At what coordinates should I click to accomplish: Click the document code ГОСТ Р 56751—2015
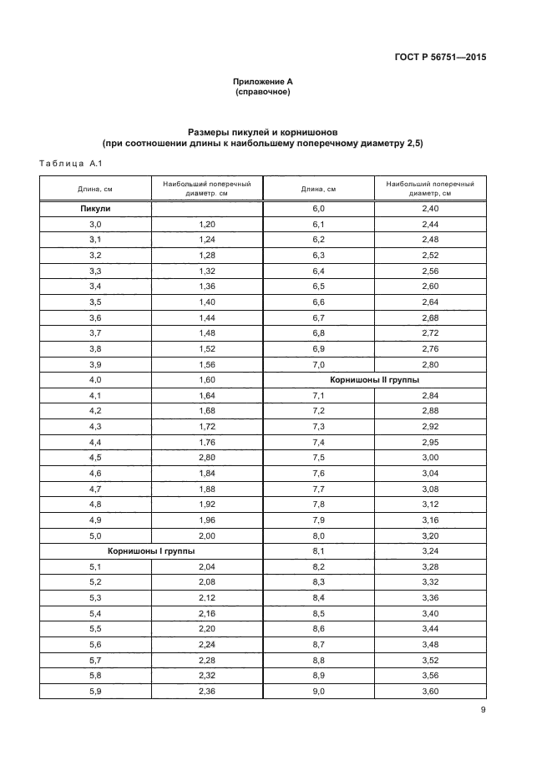[439, 58]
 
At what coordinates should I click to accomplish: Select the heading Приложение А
[263, 82]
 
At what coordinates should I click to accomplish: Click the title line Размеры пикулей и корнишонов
[263, 132]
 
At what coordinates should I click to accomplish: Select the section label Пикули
[95, 208]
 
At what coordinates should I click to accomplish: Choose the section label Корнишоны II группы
[374, 379]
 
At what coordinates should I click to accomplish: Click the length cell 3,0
[95, 225]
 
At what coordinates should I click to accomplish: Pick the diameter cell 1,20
[207, 225]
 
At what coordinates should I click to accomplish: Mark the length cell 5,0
[95, 535]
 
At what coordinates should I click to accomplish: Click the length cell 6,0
[318, 208]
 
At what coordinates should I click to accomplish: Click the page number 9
[483, 710]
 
